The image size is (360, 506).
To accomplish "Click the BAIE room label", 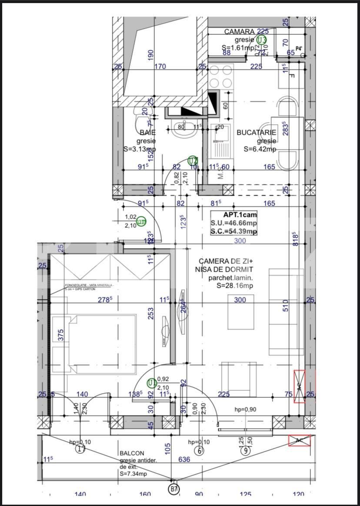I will pos(147,132).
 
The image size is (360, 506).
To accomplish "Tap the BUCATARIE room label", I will pos(256,132).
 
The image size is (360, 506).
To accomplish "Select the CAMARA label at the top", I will pos(239,32).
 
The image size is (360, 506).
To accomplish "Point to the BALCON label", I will pos(132,453).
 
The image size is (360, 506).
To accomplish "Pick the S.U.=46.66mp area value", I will pos(234,223).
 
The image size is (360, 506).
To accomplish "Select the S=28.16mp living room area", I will pos(234,286).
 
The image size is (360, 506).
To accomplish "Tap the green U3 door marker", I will pos(261,40).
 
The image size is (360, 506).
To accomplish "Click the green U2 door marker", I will pos(193,161).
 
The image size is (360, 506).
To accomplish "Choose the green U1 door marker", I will pos(152,383).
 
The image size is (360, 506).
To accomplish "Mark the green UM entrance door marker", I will pos(141,222).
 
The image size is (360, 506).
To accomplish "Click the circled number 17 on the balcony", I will pos(81,449).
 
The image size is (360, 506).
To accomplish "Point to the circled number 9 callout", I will pos(246,450).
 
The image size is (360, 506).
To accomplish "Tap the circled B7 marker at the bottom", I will pos(174,489).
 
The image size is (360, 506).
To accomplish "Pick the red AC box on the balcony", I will pos(300,440).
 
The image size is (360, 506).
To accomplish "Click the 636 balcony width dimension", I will pos(184,459).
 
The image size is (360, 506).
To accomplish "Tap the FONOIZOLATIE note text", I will pos(89,285).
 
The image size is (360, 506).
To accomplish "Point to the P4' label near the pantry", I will pos(299,49).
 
